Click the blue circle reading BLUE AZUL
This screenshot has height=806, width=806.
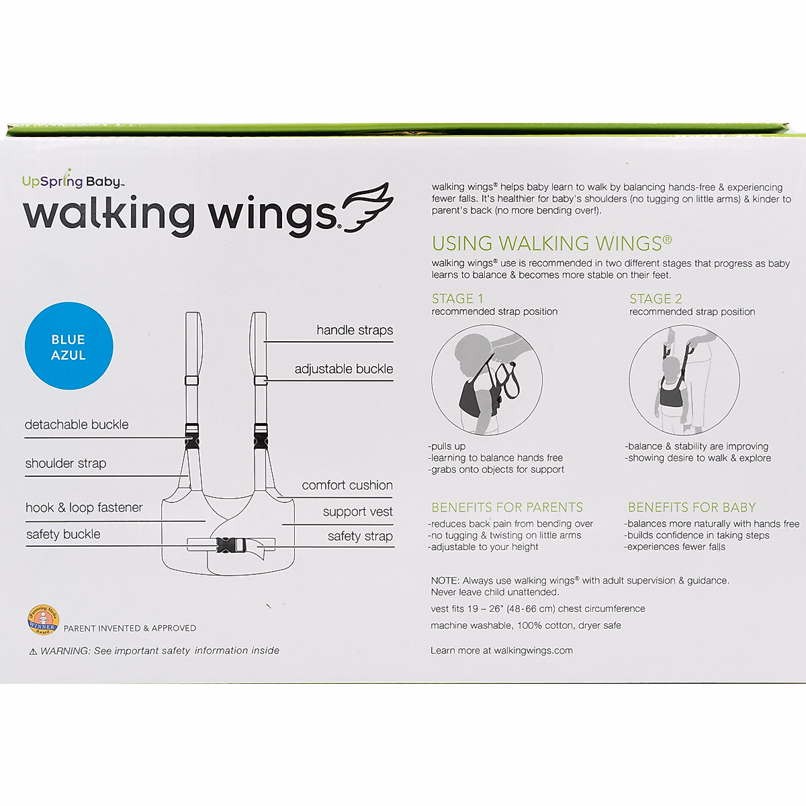(x=69, y=347)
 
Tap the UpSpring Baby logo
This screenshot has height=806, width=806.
(x=73, y=181)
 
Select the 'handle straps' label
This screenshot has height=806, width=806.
(x=355, y=330)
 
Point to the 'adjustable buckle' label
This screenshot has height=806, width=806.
(x=343, y=369)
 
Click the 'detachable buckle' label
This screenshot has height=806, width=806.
(x=77, y=425)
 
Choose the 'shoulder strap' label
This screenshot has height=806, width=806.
(x=66, y=463)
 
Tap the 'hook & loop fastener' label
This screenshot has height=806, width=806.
(x=84, y=508)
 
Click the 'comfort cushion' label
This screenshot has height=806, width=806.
(x=347, y=486)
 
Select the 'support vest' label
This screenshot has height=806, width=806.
(x=357, y=512)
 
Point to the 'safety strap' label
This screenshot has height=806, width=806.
(x=360, y=537)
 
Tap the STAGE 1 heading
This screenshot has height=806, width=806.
(x=457, y=299)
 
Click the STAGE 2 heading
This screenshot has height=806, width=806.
(x=656, y=299)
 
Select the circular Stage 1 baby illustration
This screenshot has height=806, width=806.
(x=486, y=381)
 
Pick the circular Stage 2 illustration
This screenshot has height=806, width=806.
(x=684, y=381)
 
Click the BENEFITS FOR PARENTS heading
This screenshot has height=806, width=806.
(x=507, y=508)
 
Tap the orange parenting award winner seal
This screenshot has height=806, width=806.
(x=42, y=621)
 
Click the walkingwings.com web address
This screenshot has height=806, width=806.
(x=533, y=650)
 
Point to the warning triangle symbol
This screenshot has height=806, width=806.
(x=33, y=652)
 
